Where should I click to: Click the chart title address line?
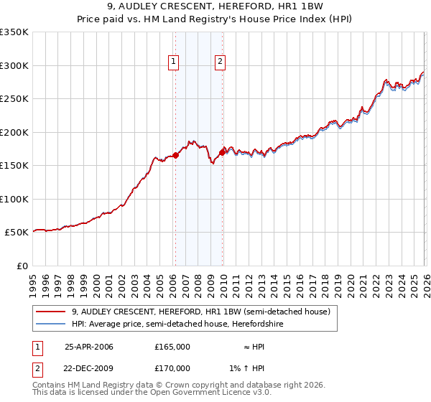coord(215,7)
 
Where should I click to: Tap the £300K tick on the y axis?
coord(14,65)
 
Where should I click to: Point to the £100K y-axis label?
coord(14,199)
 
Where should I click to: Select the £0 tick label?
coord(22,266)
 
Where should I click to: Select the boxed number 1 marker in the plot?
coord(175,62)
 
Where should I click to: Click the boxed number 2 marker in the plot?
coord(220,62)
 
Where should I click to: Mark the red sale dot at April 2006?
coord(175,155)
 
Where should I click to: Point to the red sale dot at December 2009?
coord(223,151)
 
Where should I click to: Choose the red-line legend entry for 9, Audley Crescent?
coord(200,312)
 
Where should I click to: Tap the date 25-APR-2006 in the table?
coord(89,347)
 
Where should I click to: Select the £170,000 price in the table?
coord(172,368)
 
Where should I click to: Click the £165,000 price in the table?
coord(172,347)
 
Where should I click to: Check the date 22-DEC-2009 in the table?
coord(89,368)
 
